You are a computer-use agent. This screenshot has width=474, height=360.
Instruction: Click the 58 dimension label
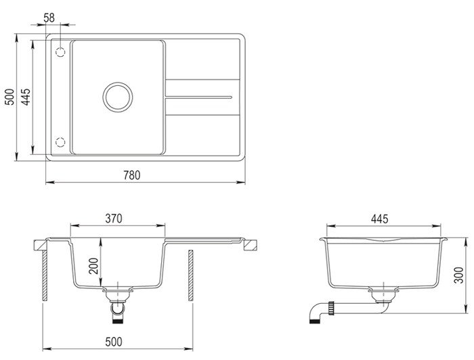(x=49, y=18)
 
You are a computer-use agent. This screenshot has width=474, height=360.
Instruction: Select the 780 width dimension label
(x=132, y=175)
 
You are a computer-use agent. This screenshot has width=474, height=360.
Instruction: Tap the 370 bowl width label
(x=114, y=219)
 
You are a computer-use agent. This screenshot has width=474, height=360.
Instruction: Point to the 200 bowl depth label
(x=93, y=266)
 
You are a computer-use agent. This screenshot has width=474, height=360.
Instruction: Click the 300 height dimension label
(x=459, y=275)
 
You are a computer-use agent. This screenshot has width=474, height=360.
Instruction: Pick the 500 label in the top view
(x=10, y=97)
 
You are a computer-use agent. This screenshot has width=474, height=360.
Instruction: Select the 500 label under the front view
(x=114, y=342)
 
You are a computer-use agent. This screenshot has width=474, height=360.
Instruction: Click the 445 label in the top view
(x=26, y=97)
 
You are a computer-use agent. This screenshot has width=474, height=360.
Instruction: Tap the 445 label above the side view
(x=380, y=219)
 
